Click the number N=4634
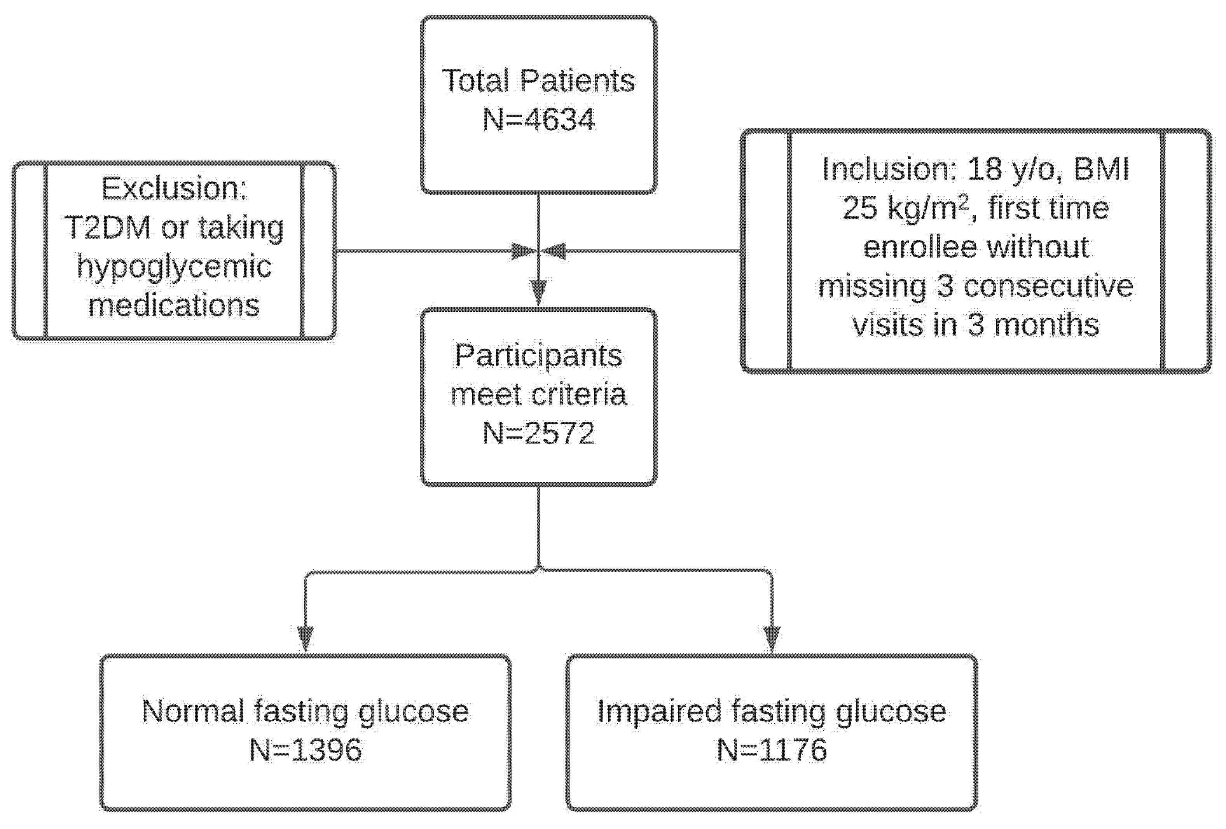pyautogui.click(x=539, y=120)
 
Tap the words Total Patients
pyautogui.click(x=539, y=81)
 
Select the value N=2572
pyautogui.click(x=539, y=433)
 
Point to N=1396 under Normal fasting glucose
pyautogui.click(x=306, y=749)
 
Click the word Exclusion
pyautogui.click(x=173, y=188)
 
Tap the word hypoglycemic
pyautogui.click(x=174, y=266)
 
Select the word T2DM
pyautogui.click(x=108, y=227)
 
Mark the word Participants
pyautogui.click(x=539, y=356)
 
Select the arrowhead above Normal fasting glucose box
pyautogui.click(x=306, y=640)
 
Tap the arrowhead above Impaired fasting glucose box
pyautogui.click(x=772, y=640)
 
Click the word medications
pyautogui.click(x=174, y=305)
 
